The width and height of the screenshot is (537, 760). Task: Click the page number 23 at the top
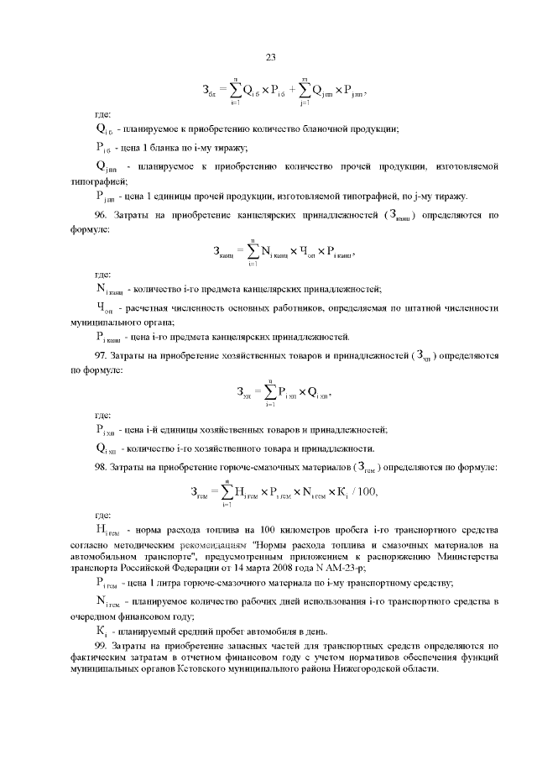click(271, 57)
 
